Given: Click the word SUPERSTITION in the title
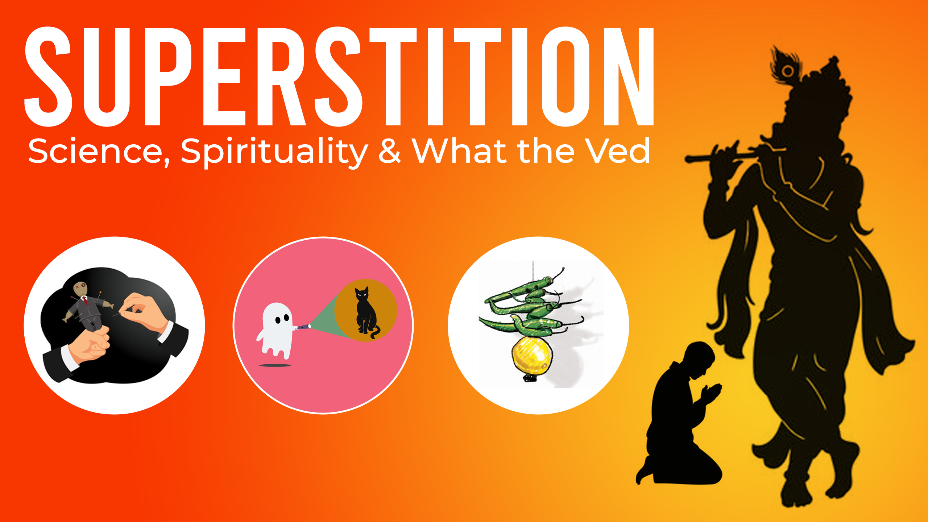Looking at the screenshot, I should coord(339,77).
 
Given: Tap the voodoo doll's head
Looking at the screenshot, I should coord(80,288).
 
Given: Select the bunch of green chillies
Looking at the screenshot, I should coord(531,306).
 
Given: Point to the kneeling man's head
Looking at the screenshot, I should coord(698,359).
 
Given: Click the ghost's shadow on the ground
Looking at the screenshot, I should coord(275,365).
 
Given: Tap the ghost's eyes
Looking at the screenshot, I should coord(282,319).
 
